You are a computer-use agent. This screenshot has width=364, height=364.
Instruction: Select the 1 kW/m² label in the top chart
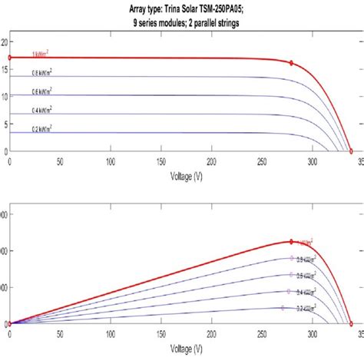click(41, 54)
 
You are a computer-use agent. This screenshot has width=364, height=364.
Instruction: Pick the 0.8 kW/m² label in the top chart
click(41, 73)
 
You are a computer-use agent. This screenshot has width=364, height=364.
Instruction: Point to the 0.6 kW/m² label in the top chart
click(41, 91)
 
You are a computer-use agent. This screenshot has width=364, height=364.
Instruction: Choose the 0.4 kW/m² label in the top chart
click(41, 111)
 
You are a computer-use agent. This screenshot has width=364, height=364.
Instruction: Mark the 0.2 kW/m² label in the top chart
click(41, 129)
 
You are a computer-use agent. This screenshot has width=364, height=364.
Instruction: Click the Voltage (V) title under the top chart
click(187, 175)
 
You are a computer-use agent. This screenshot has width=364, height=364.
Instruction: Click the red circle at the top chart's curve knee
click(291, 63)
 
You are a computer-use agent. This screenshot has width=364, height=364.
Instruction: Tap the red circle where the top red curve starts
click(9, 58)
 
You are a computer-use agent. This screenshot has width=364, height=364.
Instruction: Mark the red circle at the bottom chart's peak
click(291, 242)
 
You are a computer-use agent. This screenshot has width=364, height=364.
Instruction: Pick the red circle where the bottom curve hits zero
click(351, 324)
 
